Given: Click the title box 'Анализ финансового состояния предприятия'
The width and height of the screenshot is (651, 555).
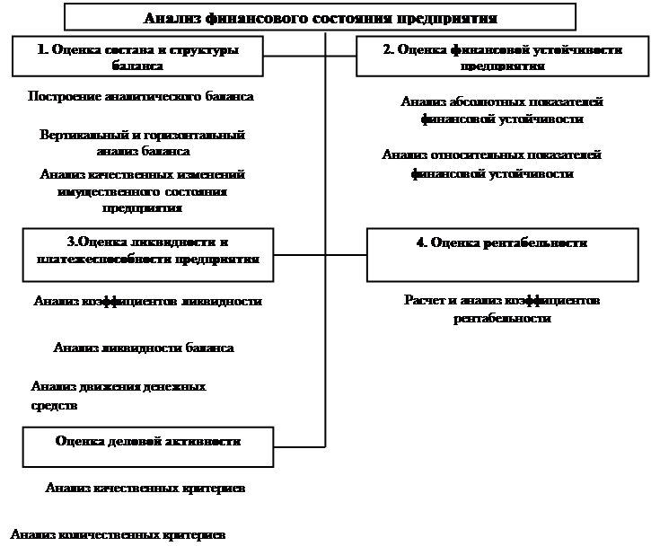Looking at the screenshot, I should (x=321, y=17).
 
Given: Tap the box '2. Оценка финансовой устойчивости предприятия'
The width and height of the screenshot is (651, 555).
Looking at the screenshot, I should (x=502, y=57).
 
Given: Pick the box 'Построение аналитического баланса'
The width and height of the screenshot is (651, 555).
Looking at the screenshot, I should (x=140, y=97).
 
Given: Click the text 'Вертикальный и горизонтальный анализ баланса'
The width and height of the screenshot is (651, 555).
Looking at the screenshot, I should (x=142, y=143).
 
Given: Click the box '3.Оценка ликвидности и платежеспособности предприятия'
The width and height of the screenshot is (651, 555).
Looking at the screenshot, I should (x=147, y=251).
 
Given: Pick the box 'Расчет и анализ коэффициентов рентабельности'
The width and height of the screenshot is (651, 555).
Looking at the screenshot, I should (x=501, y=308).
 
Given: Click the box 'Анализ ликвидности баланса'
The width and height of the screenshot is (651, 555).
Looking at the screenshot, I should (x=144, y=348).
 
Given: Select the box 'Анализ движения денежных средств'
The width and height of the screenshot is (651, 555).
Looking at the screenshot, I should (x=142, y=396).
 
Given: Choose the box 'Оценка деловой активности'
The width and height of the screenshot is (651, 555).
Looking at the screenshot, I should (x=147, y=443).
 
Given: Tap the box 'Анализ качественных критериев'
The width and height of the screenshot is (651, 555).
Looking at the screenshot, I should (x=145, y=489).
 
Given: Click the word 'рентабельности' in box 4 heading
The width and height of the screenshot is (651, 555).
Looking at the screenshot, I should (x=538, y=243).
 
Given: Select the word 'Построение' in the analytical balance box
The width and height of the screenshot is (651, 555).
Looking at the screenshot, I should (x=57, y=96).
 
